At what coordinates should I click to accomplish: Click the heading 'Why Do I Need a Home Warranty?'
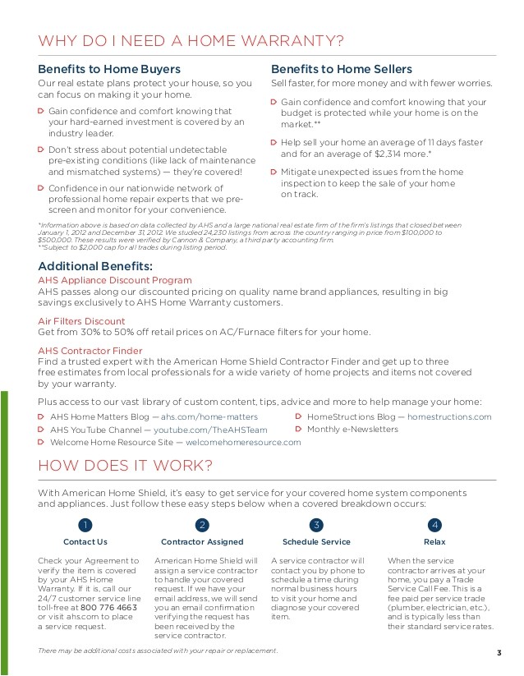191,41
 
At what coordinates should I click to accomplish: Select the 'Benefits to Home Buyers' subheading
109,69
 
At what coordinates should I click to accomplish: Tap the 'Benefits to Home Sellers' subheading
341,69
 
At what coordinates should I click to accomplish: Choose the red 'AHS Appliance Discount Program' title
115,280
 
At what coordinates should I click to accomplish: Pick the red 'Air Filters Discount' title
81,321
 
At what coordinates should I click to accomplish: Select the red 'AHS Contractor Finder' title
90,351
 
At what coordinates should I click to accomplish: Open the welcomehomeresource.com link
244,442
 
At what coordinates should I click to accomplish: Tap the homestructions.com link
449,417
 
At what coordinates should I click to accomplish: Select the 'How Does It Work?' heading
126,466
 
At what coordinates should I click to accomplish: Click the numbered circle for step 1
85,525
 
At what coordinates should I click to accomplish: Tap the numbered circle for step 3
316,525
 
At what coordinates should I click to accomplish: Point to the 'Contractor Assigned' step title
201,542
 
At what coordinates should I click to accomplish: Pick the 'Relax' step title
434,542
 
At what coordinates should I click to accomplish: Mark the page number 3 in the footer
499,653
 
